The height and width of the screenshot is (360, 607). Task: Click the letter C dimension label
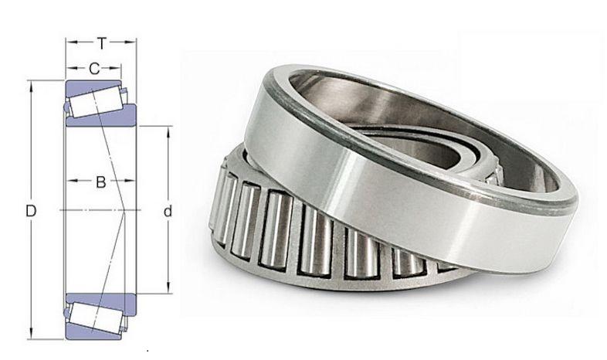[x=94, y=69]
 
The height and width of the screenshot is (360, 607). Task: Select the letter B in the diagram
[x=100, y=183]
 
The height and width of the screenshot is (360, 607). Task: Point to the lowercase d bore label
[x=168, y=210]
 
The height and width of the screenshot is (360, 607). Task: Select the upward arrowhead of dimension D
[x=32, y=83]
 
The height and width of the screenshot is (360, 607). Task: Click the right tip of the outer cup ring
[x=575, y=205]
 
